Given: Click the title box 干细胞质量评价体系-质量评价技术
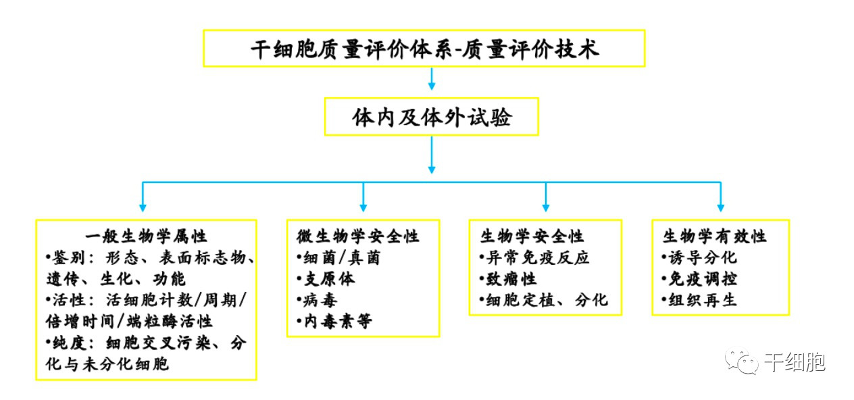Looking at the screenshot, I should tap(424, 48).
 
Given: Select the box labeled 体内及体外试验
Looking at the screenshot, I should tap(431, 117).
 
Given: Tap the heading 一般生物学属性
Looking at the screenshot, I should tap(146, 236).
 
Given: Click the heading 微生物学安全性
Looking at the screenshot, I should tap(358, 236).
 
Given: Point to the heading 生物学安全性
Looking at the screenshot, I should tap(532, 236).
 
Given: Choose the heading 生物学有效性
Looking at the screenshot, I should tap(714, 236).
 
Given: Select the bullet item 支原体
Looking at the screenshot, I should tap(326, 278).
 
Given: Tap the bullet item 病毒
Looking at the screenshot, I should tap(317, 299).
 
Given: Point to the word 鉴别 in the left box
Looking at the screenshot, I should tap(66, 257).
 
